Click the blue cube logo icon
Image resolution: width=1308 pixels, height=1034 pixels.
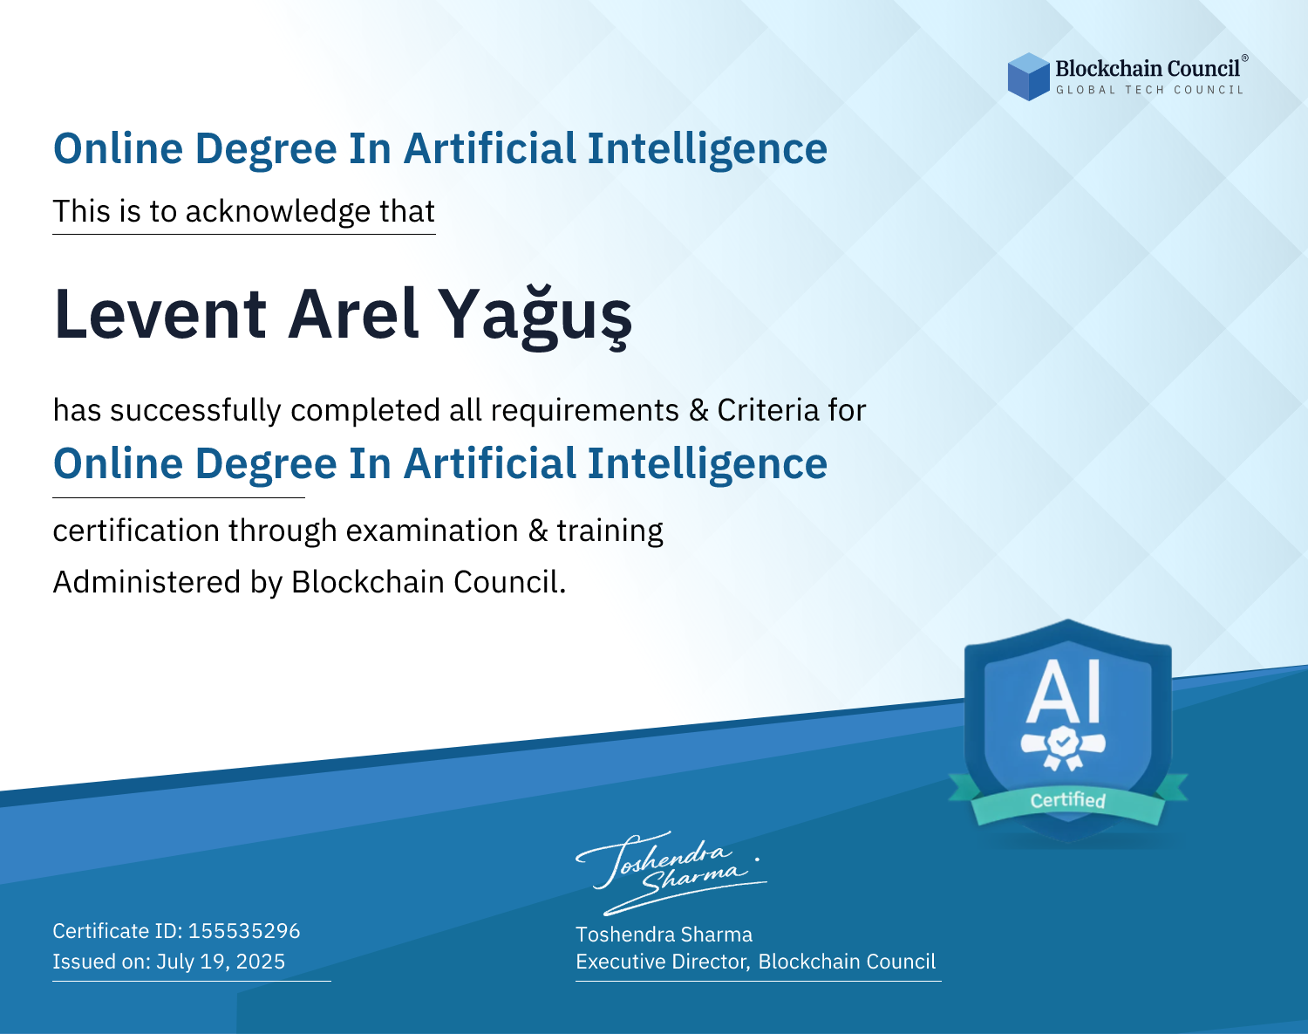(1028, 77)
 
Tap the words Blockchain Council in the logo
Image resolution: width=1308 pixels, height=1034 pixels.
(1148, 69)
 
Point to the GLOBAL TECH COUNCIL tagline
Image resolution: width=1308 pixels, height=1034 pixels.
(1149, 90)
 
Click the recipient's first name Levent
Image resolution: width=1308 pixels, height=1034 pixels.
(160, 314)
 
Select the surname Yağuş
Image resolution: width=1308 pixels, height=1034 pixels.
(535, 317)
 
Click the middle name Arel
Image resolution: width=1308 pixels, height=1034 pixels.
(353, 313)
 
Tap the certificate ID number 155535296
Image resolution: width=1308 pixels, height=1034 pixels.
(244, 930)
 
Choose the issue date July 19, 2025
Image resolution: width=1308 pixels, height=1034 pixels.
(221, 961)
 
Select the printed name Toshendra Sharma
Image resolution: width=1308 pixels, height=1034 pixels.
(664, 935)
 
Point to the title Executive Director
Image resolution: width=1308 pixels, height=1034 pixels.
(663, 962)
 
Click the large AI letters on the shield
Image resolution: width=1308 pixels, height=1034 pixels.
(1064, 692)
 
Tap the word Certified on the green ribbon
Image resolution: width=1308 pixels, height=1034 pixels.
(1068, 800)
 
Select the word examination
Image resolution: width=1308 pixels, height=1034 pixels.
(433, 531)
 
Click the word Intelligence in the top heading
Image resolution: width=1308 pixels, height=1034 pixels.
(707, 149)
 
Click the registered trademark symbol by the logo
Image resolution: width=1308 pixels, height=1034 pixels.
(1245, 58)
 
